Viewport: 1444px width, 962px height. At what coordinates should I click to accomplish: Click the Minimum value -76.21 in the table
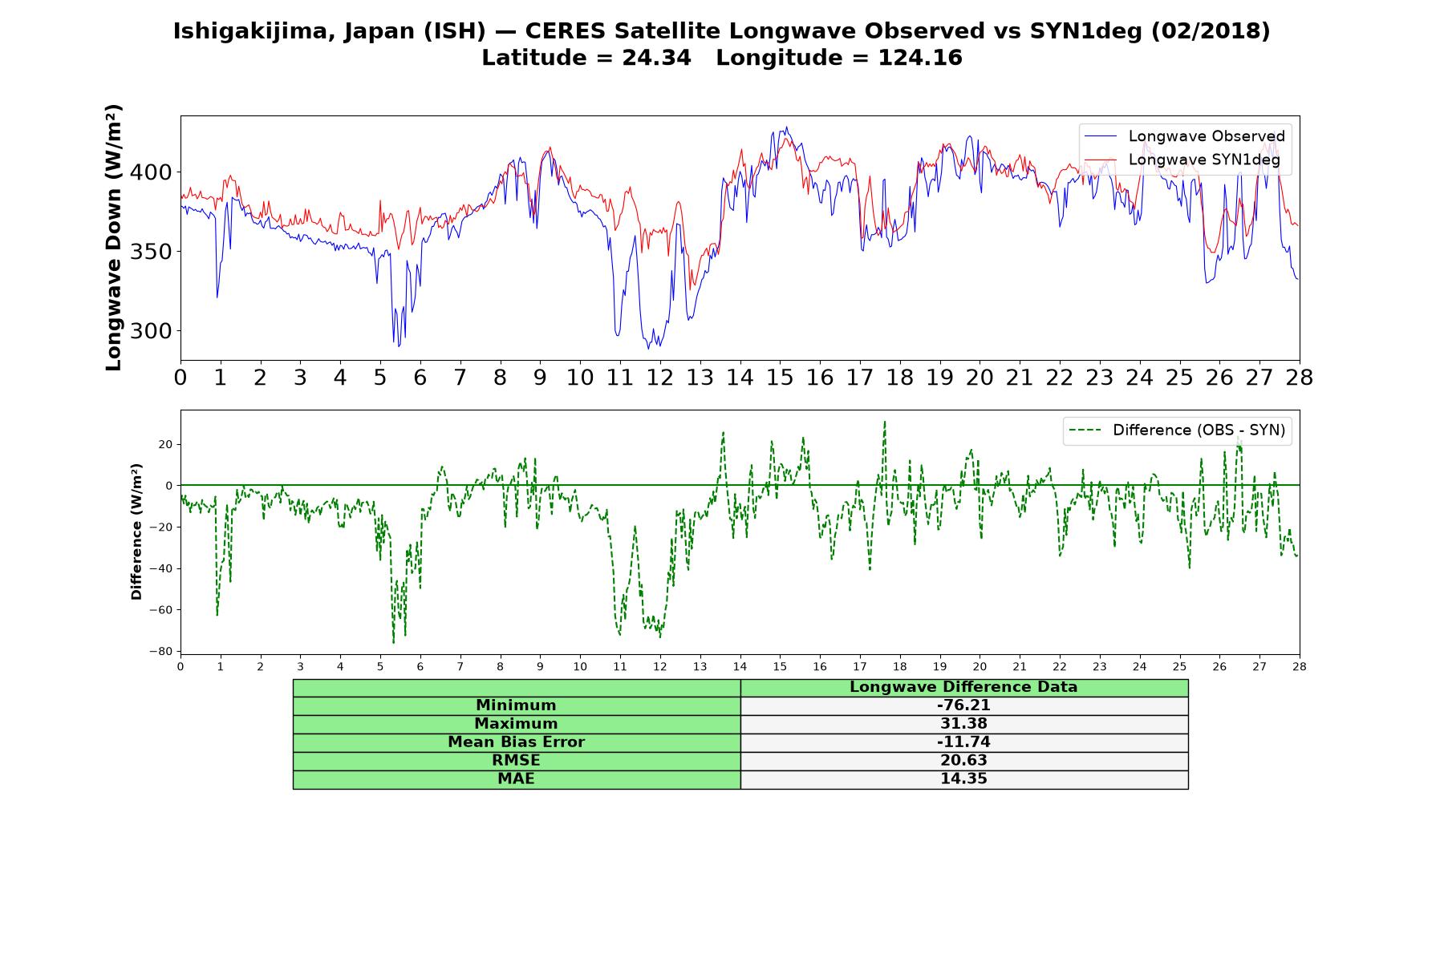coord(963,705)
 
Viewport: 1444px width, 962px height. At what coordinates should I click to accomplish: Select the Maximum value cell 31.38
coord(963,724)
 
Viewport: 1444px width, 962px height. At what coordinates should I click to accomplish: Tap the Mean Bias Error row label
coord(516,742)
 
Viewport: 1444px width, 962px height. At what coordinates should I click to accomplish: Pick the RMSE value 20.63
coord(963,761)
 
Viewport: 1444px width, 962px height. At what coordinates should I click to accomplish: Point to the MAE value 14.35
coord(963,779)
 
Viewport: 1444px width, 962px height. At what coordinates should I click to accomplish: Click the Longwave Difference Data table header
coord(963,687)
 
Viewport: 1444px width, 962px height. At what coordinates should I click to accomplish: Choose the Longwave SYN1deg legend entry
coord(1182,160)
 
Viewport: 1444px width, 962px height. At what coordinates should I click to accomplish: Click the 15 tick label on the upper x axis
coord(779,378)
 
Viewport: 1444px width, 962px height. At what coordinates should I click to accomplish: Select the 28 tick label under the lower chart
coord(1299,667)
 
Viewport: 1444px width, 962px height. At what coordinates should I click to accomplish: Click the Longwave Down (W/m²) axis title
coord(113,237)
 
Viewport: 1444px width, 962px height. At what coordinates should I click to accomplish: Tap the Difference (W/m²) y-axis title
coord(136,532)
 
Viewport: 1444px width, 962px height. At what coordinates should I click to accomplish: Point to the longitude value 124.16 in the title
coord(919,58)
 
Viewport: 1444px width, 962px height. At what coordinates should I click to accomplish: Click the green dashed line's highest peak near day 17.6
coord(885,422)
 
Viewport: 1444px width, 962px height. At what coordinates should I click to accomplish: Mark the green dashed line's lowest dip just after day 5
coord(393,642)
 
